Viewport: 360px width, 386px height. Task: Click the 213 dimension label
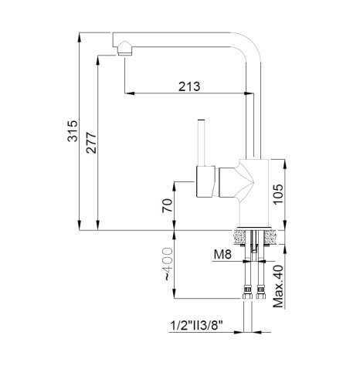[189, 86]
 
